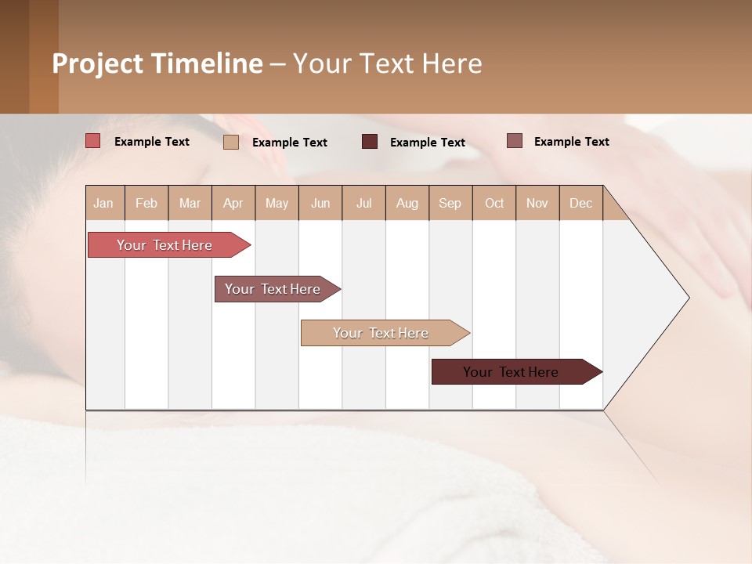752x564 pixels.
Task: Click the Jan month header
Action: [x=104, y=203]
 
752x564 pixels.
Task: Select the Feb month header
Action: [x=146, y=203]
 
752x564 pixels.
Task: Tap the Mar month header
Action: [x=190, y=203]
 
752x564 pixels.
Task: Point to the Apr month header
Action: [x=233, y=203]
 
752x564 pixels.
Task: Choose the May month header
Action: [x=277, y=203]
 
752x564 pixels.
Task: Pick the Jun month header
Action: [x=320, y=203]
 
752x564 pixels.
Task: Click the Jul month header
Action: [x=363, y=203]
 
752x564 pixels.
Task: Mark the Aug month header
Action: [x=407, y=203]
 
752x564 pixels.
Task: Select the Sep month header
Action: [x=450, y=203]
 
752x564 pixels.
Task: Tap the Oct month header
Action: [x=494, y=203]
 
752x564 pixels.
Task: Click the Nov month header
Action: [x=537, y=203]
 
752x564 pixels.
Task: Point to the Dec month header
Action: [x=581, y=203]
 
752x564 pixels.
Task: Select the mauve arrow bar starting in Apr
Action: [x=273, y=289]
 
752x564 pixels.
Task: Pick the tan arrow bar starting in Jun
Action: [x=381, y=333]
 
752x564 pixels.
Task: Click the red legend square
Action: [x=93, y=141]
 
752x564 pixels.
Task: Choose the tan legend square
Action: [x=231, y=142]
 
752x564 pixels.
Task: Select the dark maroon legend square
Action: [x=370, y=141]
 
